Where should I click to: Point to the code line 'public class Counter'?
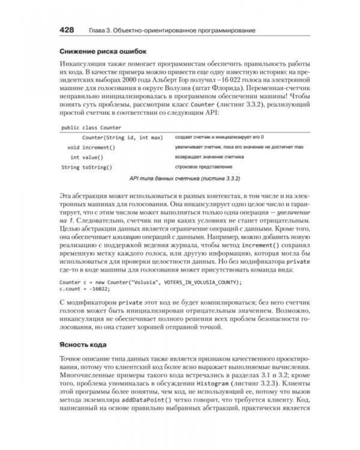(91, 127)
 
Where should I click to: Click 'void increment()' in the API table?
(91, 147)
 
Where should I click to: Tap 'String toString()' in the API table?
(87, 167)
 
